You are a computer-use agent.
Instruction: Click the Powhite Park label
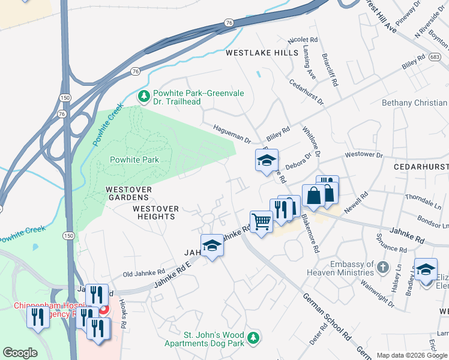(x=134, y=160)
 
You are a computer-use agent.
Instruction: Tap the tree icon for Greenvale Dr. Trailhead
(x=143, y=96)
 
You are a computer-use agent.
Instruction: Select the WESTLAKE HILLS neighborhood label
(x=262, y=53)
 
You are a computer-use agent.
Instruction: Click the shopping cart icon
(x=261, y=222)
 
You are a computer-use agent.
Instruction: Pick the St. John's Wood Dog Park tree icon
(x=254, y=338)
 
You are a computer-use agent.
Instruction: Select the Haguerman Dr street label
(x=232, y=134)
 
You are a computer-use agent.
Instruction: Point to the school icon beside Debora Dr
(x=267, y=160)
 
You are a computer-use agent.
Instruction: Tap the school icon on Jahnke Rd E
(x=212, y=245)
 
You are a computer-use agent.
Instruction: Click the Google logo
(x=20, y=353)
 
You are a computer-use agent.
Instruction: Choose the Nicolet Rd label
(x=303, y=40)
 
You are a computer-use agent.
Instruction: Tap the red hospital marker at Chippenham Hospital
(x=103, y=311)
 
